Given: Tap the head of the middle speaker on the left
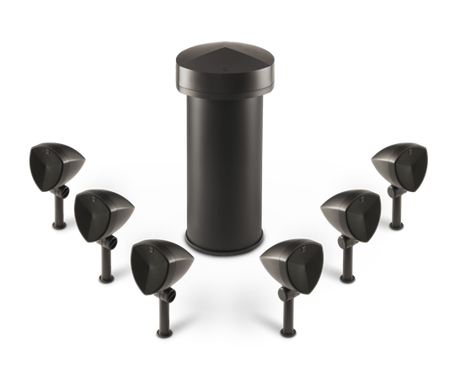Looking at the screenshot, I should point(97,215).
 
